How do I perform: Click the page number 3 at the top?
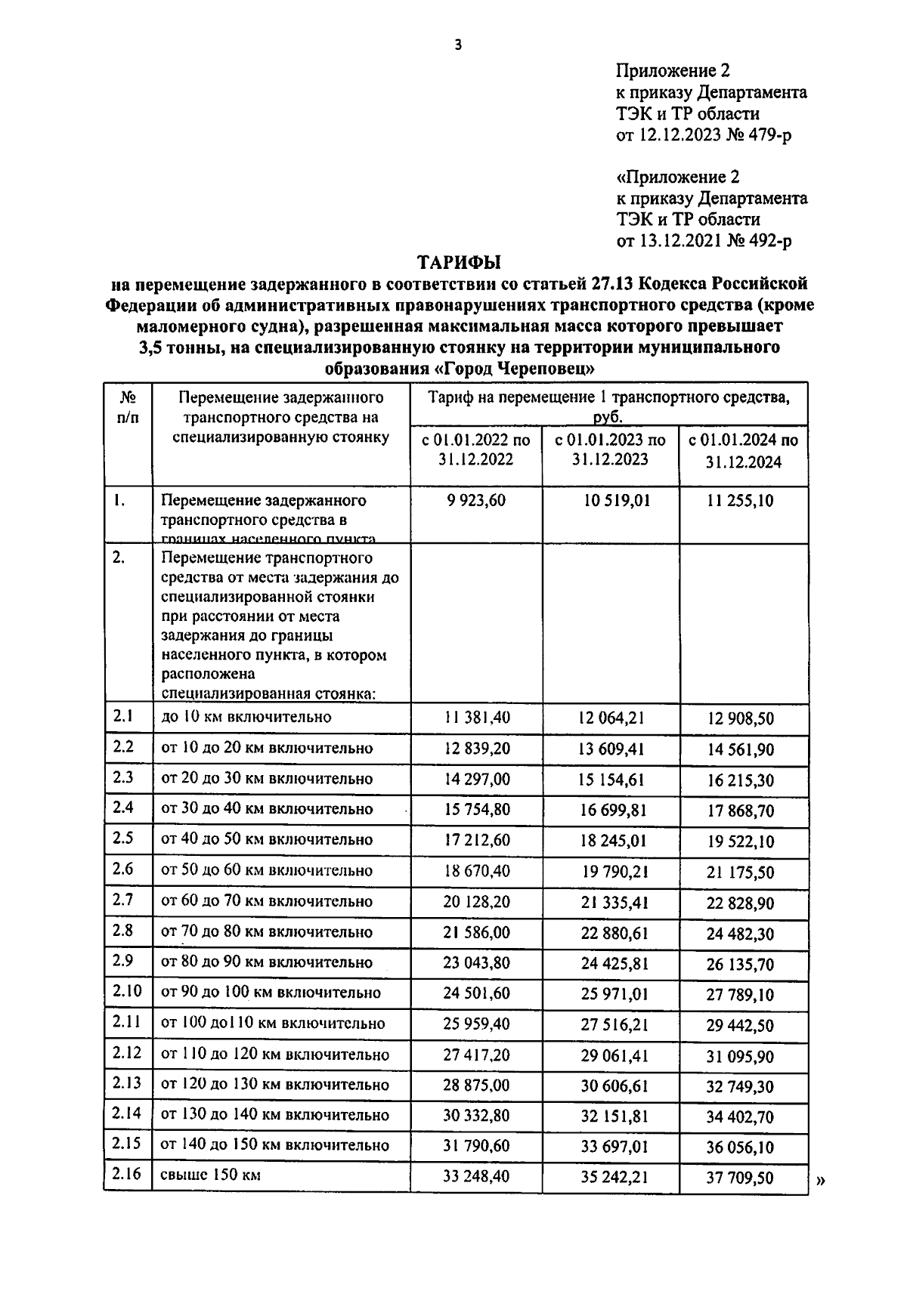(457, 45)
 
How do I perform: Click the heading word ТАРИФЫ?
(460, 262)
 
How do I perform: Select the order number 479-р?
(767, 135)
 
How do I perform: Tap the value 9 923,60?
(476, 500)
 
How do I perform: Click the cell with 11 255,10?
(740, 500)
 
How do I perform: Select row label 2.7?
(123, 900)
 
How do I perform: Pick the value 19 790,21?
(611, 871)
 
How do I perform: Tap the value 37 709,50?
(740, 1178)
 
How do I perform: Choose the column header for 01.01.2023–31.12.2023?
(610, 449)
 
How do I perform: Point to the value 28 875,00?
(476, 1085)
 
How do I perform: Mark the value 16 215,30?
(740, 780)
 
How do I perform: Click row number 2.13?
(126, 1083)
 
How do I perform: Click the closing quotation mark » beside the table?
(821, 1182)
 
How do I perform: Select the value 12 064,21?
(611, 718)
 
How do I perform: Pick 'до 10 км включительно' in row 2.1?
(246, 716)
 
